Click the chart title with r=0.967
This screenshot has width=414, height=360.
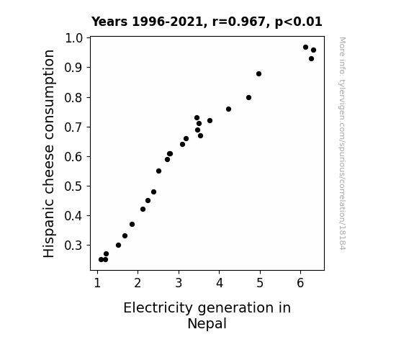tap(207, 22)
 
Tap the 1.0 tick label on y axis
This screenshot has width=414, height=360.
tap(73, 38)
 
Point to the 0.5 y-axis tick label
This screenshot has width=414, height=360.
tap(73, 186)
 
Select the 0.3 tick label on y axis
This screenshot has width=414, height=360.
tap(73, 246)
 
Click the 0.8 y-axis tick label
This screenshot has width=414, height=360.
tap(73, 98)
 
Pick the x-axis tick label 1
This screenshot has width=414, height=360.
tap(97, 283)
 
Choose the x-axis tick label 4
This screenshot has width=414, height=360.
tap(220, 283)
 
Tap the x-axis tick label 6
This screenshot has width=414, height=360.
tap(300, 283)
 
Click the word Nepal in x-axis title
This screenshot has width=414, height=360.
tap(207, 324)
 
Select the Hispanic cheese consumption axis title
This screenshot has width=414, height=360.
tap(49, 153)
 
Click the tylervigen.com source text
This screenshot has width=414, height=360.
tap(342, 143)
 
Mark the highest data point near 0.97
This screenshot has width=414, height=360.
tap(305, 48)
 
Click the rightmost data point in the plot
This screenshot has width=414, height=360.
tap(313, 50)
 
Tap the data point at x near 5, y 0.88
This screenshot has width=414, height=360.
tap(258, 74)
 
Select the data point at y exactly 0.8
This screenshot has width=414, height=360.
tap(248, 98)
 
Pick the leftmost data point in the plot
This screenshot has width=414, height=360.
tap(101, 260)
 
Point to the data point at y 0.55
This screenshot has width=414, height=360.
tap(158, 171)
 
